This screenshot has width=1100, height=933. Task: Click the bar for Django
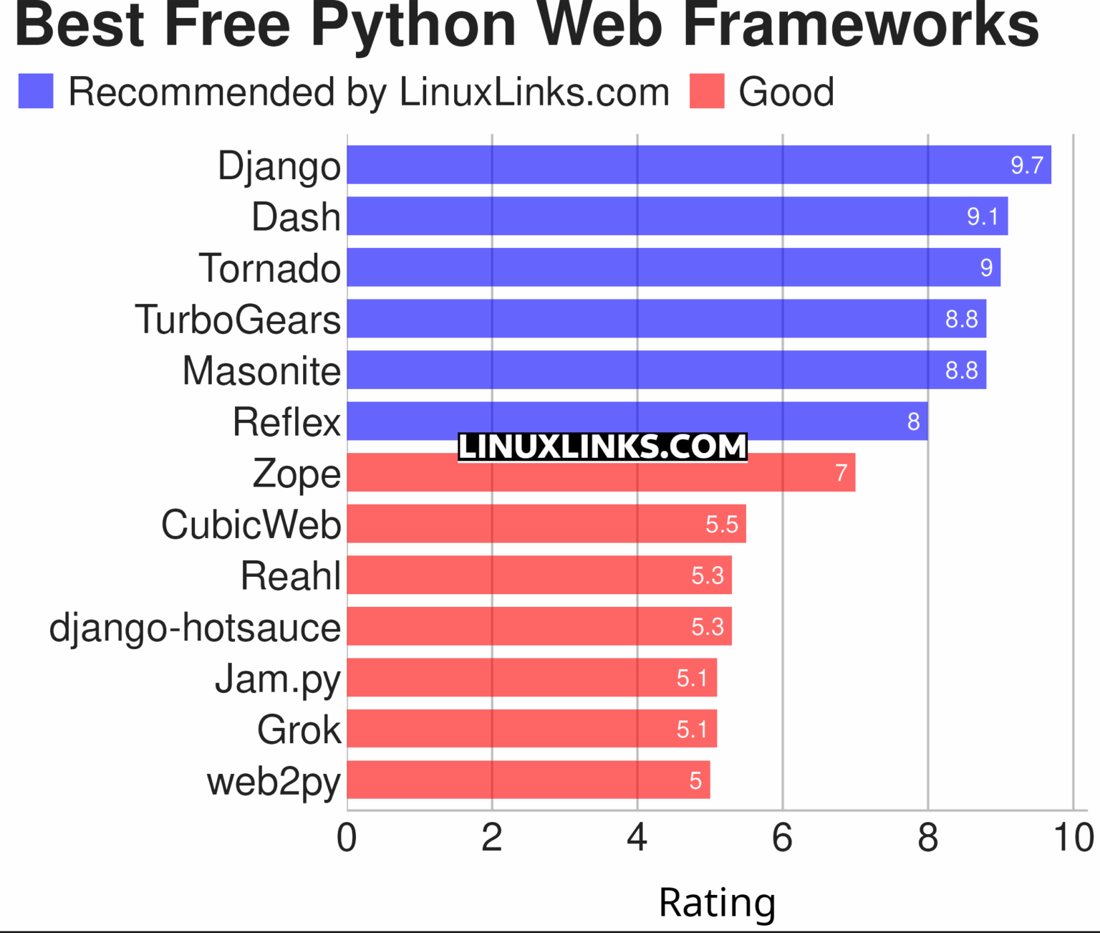click(x=699, y=165)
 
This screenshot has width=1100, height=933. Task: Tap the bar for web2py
click(x=529, y=780)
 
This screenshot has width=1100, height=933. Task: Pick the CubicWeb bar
click(x=546, y=524)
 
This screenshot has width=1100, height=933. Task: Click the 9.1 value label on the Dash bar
click(x=982, y=216)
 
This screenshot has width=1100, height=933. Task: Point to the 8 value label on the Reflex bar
click(x=913, y=421)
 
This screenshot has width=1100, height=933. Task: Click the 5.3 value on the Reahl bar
click(x=707, y=575)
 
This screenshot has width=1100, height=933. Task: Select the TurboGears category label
click(x=238, y=320)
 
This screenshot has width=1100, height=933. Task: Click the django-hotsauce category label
click(x=195, y=628)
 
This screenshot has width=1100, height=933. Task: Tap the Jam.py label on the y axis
click(x=278, y=679)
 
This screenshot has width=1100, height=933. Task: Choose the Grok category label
click(x=299, y=730)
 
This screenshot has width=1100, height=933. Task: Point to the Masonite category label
click(x=261, y=371)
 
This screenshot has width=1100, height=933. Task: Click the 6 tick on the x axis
click(x=782, y=838)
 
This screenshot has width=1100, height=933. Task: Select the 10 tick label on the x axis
click(x=1073, y=838)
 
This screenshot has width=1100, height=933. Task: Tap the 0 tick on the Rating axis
click(x=347, y=838)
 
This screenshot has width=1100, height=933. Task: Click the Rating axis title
click(x=717, y=902)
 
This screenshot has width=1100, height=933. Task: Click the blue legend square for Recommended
click(x=36, y=92)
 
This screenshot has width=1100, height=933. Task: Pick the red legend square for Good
click(x=707, y=92)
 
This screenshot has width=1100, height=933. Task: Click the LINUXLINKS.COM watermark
click(x=602, y=446)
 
